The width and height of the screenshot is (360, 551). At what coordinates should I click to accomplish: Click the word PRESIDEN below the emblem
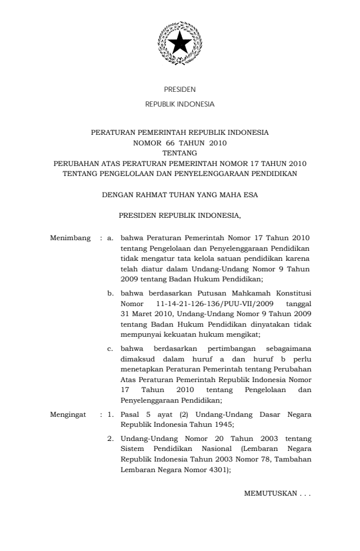pos(180,90)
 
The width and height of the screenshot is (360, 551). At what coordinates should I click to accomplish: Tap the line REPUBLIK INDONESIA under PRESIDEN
pos(180,104)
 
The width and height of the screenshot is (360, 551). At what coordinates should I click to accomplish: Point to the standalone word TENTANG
pos(180,151)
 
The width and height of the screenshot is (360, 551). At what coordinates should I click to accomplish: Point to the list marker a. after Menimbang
pos(109,238)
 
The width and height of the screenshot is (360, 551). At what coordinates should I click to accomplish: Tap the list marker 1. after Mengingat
pos(109,414)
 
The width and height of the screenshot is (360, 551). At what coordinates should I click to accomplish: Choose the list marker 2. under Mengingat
pos(109,437)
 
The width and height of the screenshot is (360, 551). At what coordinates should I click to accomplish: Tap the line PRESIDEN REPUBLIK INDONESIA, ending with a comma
pos(180,216)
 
